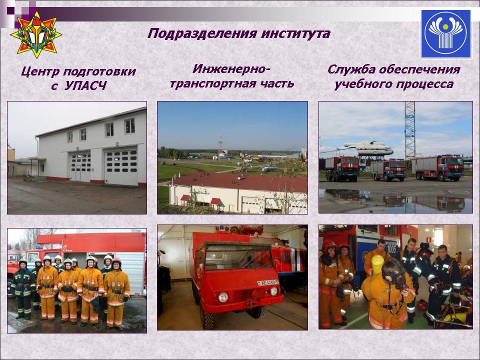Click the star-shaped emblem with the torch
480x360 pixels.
[36, 34]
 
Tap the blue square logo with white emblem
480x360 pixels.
[445, 33]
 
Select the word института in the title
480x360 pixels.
[295, 33]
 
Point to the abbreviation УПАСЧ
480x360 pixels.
[85, 86]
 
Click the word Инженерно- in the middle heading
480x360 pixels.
[231, 69]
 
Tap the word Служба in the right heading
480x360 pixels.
[351, 69]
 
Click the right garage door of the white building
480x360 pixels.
[121, 167]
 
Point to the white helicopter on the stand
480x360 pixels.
[368, 148]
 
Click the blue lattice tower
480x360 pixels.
[410, 130]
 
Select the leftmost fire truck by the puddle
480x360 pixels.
[342, 168]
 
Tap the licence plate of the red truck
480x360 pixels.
[268, 282]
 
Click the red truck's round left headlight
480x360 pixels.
[223, 296]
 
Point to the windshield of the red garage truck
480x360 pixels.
[239, 256]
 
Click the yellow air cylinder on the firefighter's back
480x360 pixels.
[377, 265]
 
